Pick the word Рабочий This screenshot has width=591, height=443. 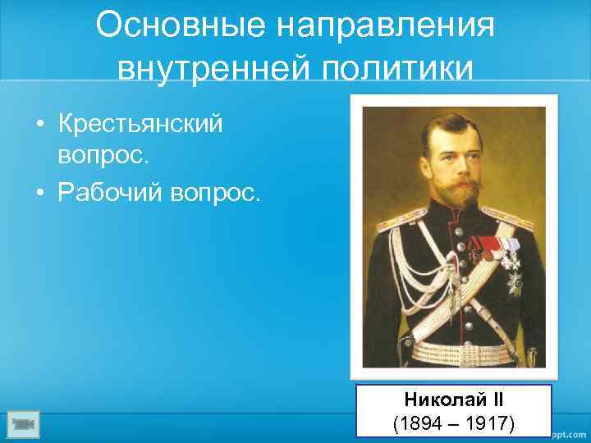click(x=111, y=193)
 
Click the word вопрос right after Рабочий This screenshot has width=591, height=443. click(x=216, y=193)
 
